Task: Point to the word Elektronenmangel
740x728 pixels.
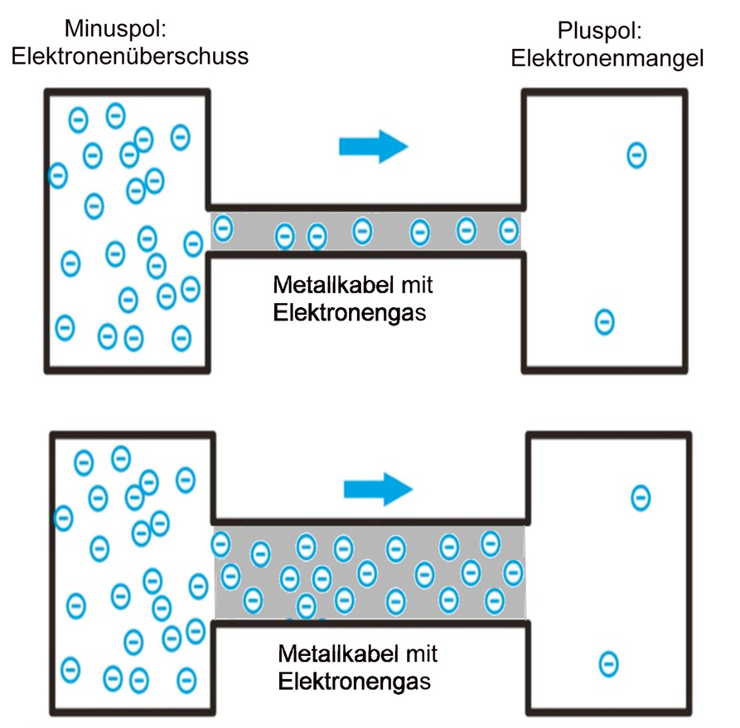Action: (x=607, y=58)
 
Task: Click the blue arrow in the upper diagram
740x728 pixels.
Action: (x=374, y=146)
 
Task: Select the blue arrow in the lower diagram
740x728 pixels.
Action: (x=378, y=489)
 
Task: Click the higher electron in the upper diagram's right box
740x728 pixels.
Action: (x=636, y=155)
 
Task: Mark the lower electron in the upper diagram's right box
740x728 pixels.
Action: (x=606, y=321)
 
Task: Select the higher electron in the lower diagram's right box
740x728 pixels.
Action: (x=641, y=498)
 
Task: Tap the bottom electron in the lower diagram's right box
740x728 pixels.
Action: (x=609, y=663)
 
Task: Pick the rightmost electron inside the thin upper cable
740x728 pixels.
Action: (x=508, y=230)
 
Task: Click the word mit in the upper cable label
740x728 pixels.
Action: (x=418, y=287)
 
